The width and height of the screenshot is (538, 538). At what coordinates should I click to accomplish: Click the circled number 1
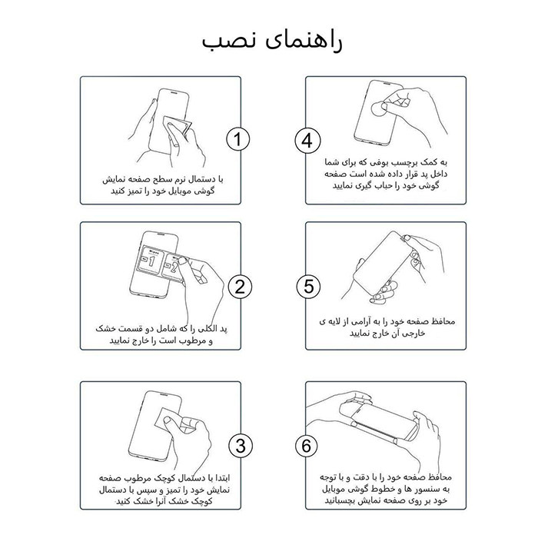point(239,140)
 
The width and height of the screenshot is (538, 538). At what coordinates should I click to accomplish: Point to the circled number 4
point(307,140)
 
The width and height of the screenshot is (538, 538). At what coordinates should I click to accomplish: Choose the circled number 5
point(307,287)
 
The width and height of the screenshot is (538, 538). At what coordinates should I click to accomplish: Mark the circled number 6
point(307,445)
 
